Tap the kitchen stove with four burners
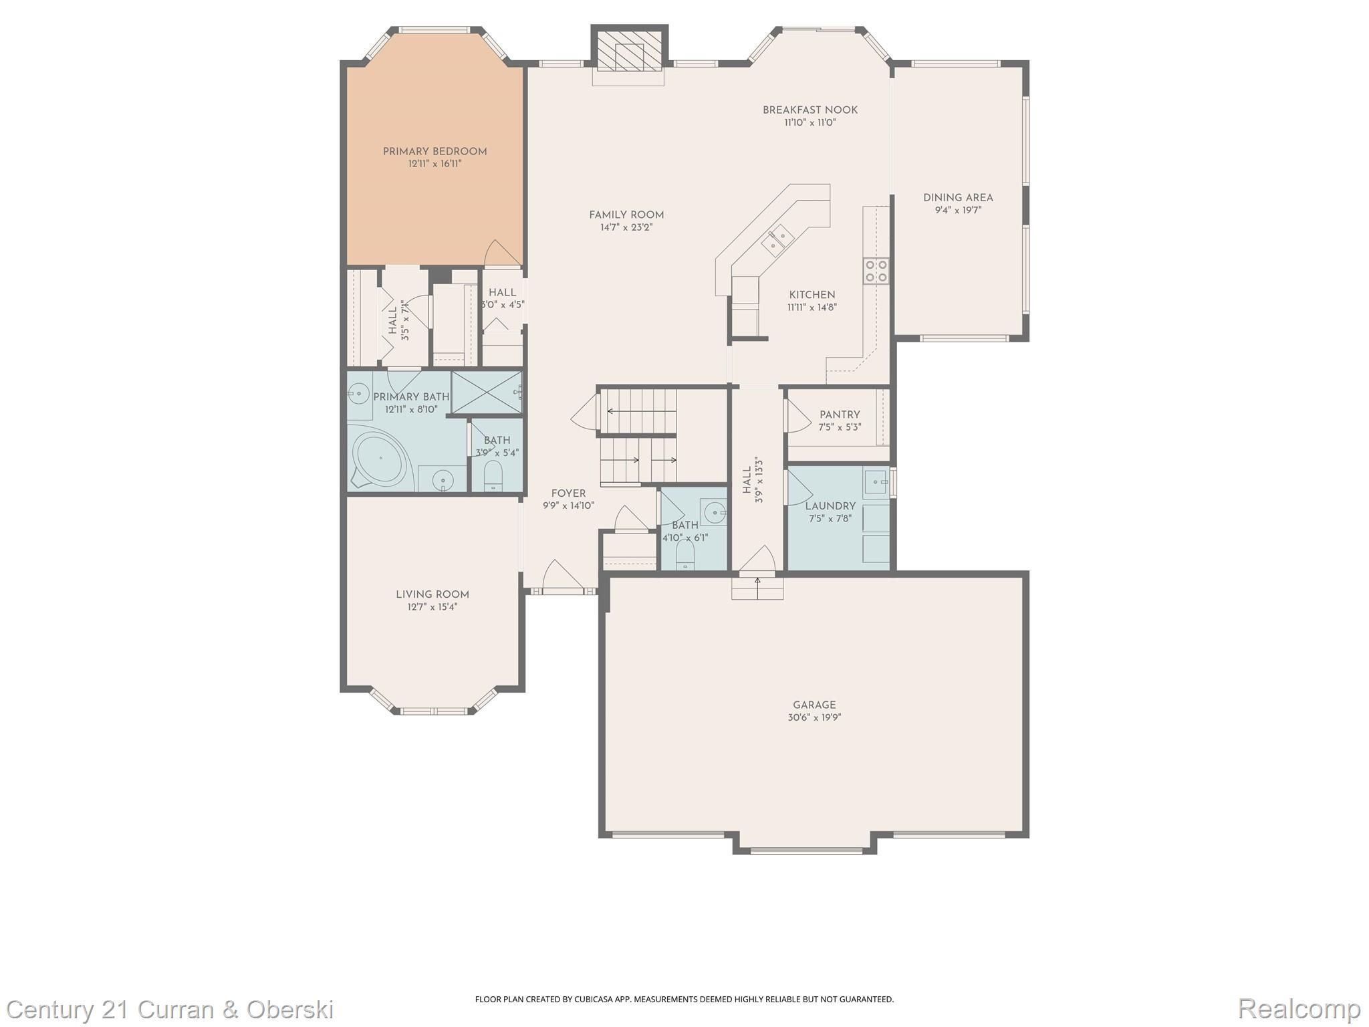[876, 270]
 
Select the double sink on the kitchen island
[777, 241]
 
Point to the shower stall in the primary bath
[487, 392]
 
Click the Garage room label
[814, 705]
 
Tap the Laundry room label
[830, 506]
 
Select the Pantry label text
[840, 415]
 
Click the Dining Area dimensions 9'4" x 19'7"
[958, 211]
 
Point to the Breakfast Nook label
[810, 110]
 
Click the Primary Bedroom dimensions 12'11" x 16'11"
[434, 164]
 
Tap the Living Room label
[432, 594]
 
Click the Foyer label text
[568, 493]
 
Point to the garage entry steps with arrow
[757, 588]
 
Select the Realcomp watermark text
[1299, 1008]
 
